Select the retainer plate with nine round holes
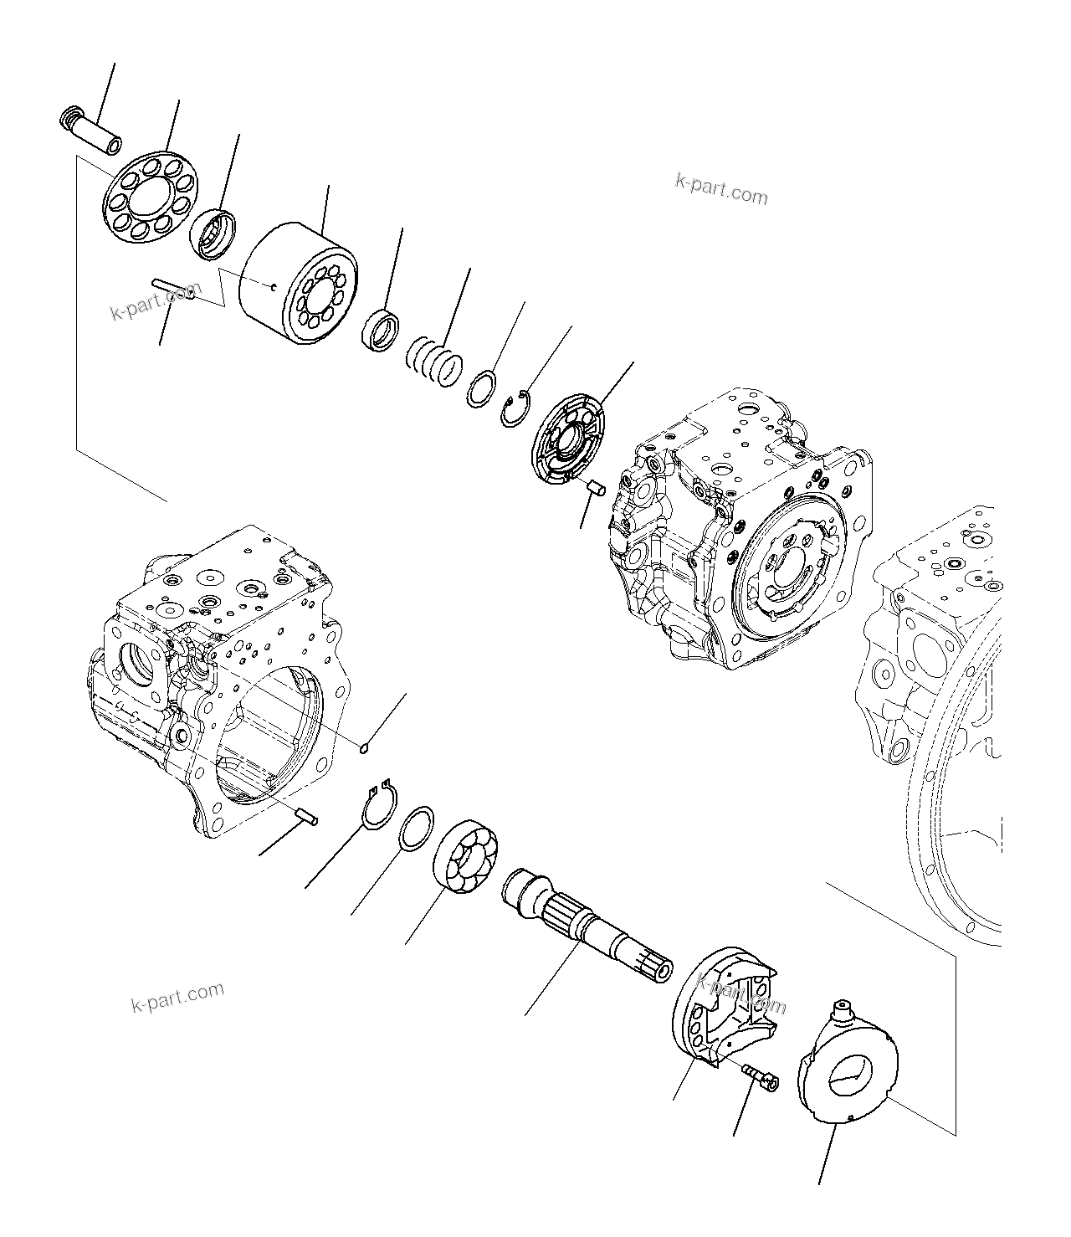[150, 198]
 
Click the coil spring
[436, 362]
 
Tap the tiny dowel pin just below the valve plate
[596, 487]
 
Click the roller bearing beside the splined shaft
[467, 859]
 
